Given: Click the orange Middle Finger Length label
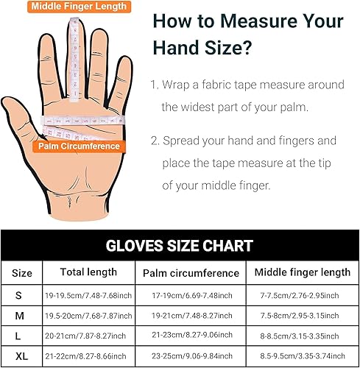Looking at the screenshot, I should click(79, 7).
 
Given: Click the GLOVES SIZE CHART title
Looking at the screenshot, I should click(180, 246).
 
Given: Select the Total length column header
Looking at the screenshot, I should click(88, 272).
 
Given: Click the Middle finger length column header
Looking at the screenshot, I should click(302, 272).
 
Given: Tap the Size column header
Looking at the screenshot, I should click(22, 272).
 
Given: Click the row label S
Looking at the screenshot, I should click(22, 294).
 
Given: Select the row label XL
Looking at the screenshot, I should click(22, 355).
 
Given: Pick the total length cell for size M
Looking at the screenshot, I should click(88, 315).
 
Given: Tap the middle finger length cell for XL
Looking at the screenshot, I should click(302, 355).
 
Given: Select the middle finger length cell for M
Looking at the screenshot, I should click(302, 315).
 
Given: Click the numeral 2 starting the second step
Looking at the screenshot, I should click(153, 140).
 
